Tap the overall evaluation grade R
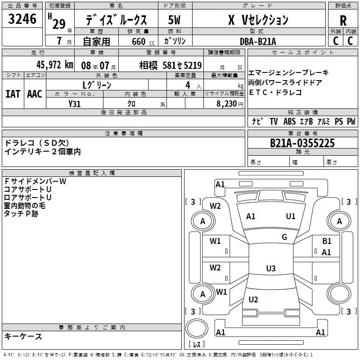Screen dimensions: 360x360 pyautogui.click(x=343, y=20)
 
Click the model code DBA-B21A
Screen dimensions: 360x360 pyautogui.click(x=258, y=41)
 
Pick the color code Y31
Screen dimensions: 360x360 pyautogui.click(x=74, y=103)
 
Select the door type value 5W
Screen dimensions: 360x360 pyautogui.click(x=173, y=20)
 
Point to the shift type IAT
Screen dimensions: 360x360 pyautogui.click(x=13, y=94)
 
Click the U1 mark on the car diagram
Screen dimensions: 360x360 pyautogui.click(x=291, y=216)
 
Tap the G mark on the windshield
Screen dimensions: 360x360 pyautogui.click(x=284, y=237)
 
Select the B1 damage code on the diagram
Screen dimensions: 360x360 pyautogui.click(x=327, y=242)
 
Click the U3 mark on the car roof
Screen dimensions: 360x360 pyautogui.click(x=270, y=269)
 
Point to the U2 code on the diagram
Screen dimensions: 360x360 pyautogui.click(x=253, y=300)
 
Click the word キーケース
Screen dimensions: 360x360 pyautogui.click(x=23, y=336)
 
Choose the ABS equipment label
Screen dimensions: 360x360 pyautogui.click(x=289, y=121)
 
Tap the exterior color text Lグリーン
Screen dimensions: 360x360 pyautogui.click(x=97, y=85)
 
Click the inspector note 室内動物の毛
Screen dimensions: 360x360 pyautogui.click(x=25, y=206)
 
